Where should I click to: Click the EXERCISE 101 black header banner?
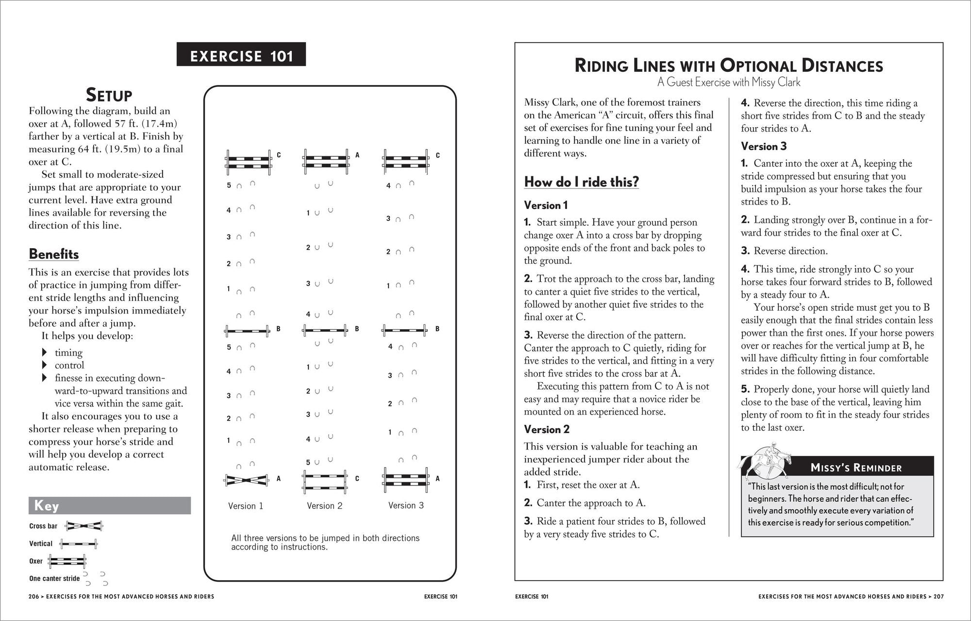241,54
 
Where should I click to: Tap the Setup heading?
109,95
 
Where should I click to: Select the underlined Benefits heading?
53,254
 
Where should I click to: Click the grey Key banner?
109,505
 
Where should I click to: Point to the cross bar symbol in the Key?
84,526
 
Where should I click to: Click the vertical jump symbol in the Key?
78,543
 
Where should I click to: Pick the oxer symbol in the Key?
67,561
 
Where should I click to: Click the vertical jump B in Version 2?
325,331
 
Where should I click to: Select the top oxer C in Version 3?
405,162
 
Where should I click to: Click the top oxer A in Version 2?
326,162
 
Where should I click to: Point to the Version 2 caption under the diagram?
324,506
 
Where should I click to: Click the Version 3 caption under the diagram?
406,505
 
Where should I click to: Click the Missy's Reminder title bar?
855,468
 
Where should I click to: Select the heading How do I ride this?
581,182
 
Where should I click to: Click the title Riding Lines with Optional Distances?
728,66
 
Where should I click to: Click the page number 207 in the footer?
938,597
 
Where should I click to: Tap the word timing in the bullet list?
68,352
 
